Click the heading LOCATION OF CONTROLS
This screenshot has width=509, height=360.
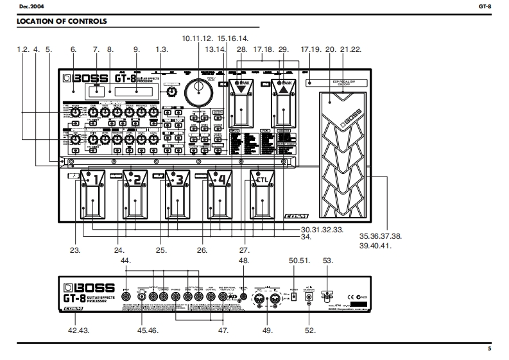pos(62,22)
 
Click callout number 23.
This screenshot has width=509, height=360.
pos(76,250)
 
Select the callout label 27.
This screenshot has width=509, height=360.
pos(244,250)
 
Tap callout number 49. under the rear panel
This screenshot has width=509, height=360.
pos(268,330)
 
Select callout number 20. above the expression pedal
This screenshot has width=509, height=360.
pos(331,49)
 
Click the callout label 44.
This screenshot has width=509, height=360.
pos(125,261)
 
